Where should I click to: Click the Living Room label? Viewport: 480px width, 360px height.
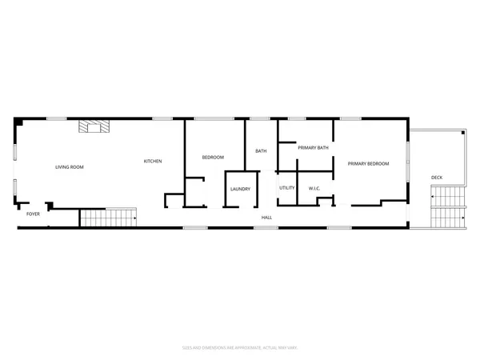(x=70, y=167)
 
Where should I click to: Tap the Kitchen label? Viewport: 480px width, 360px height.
(x=153, y=162)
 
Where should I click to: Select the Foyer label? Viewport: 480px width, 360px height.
(x=33, y=214)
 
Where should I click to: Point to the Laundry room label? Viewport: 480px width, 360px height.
(x=241, y=190)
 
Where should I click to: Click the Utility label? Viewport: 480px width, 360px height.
(x=287, y=188)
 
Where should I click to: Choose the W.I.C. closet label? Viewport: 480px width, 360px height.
(x=314, y=189)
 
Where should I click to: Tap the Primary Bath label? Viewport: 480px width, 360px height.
(x=314, y=148)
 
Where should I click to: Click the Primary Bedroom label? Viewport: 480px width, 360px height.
(x=368, y=164)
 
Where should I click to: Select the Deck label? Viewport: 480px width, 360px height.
(x=437, y=178)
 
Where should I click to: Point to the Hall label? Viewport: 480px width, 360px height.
(x=266, y=217)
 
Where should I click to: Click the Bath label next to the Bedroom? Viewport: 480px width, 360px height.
(x=261, y=151)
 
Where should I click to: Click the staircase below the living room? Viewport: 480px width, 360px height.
(x=107, y=218)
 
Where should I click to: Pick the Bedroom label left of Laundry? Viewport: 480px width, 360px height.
(x=213, y=158)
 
